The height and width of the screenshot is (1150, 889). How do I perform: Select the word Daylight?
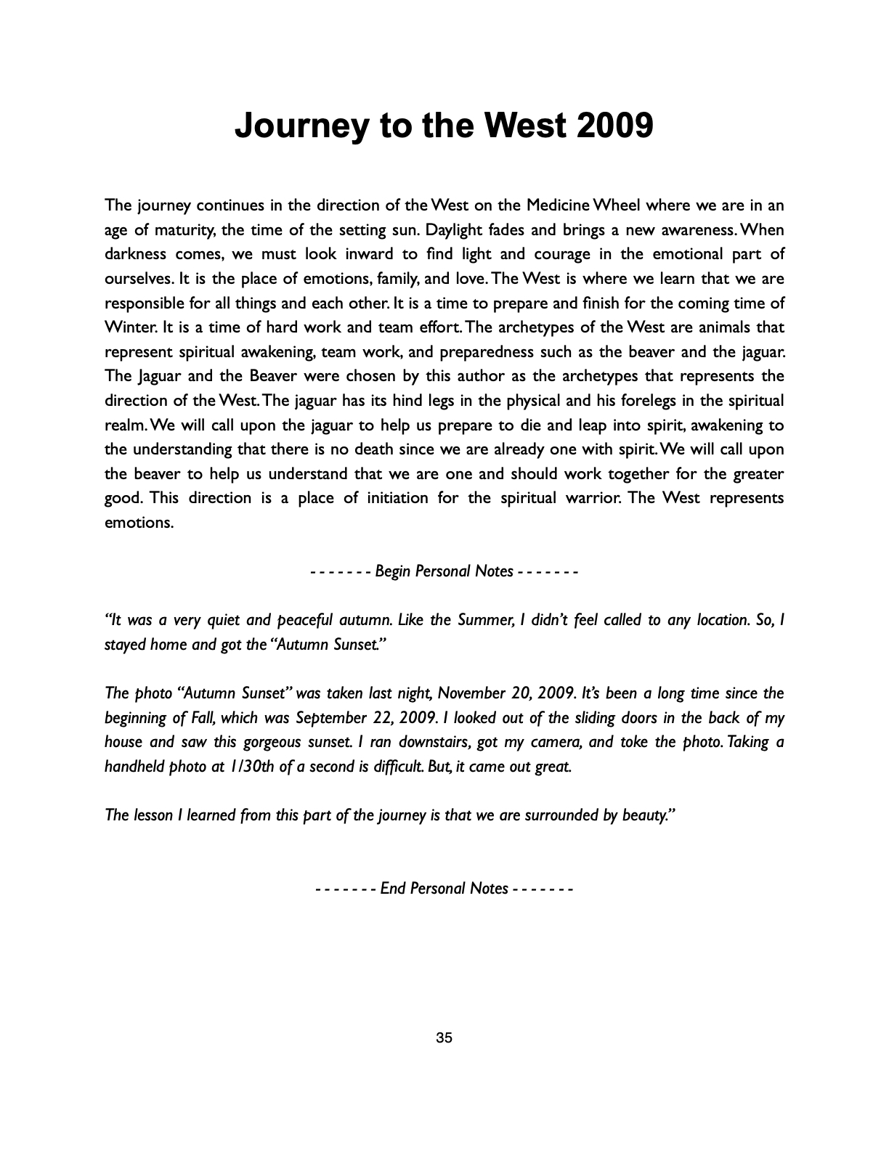457,230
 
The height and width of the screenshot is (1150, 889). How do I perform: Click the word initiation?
384,498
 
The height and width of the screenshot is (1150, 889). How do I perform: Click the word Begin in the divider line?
393,571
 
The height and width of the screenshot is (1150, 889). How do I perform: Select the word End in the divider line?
393,888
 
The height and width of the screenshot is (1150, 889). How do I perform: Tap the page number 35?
444,1038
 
